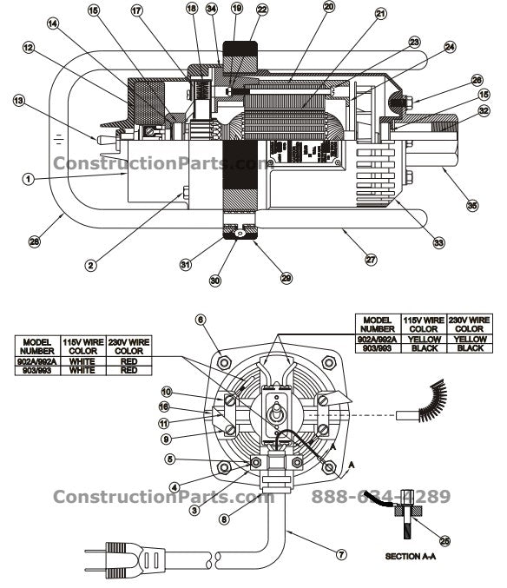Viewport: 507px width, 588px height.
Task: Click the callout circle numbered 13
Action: pyautogui.click(x=17, y=101)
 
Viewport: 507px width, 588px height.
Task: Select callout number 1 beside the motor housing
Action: pyautogui.click(x=28, y=178)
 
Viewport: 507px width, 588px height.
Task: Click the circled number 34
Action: pyautogui.click(x=212, y=9)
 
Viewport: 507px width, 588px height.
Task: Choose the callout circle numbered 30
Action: pyautogui.click(x=215, y=281)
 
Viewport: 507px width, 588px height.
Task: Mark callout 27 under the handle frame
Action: pyautogui.click(x=371, y=259)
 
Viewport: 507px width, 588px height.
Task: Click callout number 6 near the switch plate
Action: pyautogui.click(x=201, y=320)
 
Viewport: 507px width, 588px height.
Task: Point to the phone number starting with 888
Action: pyautogui.click(x=380, y=497)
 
